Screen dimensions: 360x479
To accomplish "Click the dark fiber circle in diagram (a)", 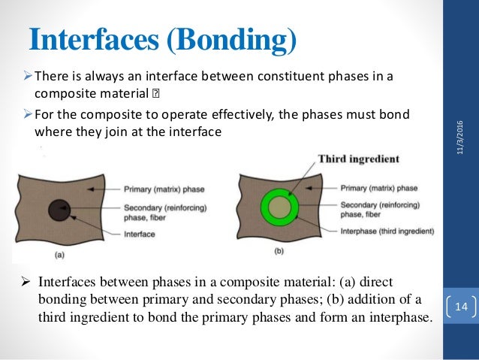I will coord(59,210).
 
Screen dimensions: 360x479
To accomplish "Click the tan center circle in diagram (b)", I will coord(279,207).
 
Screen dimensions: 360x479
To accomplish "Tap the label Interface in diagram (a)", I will coord(139,234).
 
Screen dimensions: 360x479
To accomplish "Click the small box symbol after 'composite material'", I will coord(156,96).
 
